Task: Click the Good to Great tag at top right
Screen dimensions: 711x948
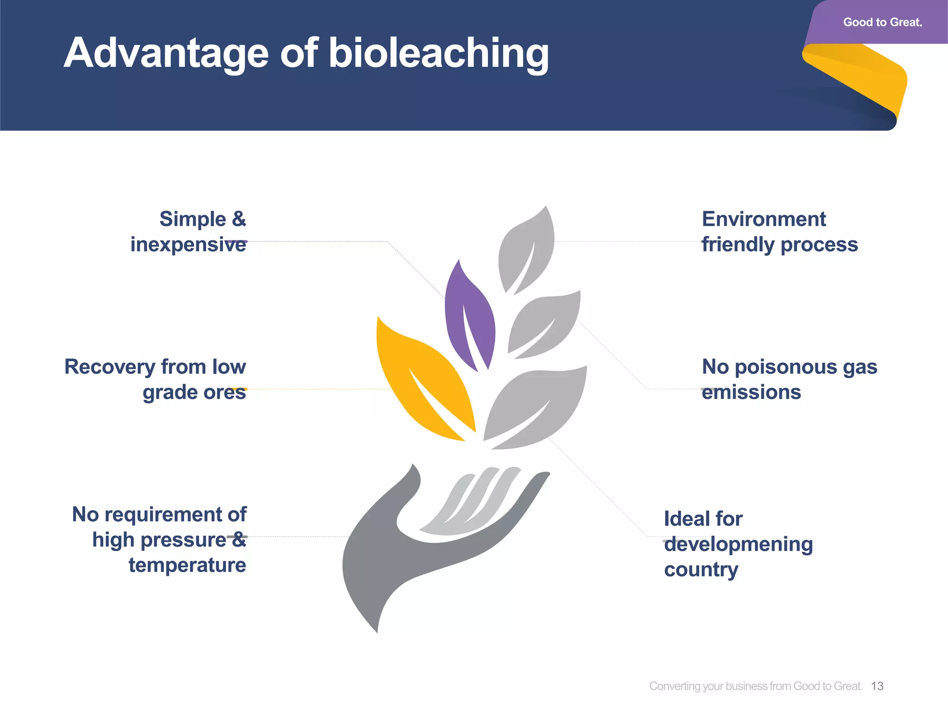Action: pos(882,22)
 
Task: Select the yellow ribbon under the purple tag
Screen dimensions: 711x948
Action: pos(861,79)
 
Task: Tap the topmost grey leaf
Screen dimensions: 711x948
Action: pos(528,250)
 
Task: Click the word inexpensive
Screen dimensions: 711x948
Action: pos(188,244)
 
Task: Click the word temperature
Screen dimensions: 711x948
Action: pos(187,565)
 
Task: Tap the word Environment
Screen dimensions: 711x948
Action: pos(764,219)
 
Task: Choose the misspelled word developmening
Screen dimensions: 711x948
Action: pos(738,544)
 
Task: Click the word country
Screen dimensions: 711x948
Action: pos(701,570)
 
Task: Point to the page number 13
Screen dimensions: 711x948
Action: pos(877,686)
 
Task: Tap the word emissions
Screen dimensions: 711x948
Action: pos(751,392)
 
